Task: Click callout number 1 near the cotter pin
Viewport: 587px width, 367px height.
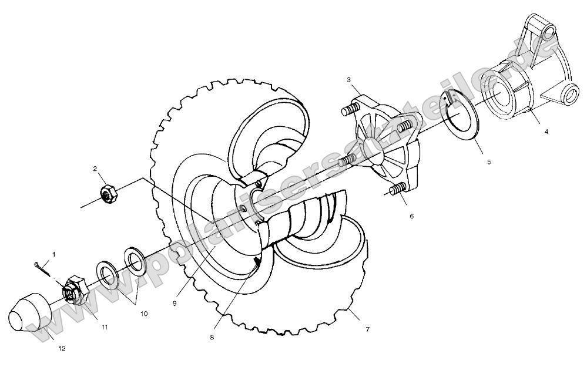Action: pyautogui.click(x=55, y=254)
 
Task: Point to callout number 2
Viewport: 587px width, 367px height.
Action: pyautogui.click(x=95, y=170)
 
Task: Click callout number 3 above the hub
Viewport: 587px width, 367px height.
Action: pyautogui.click(x=348, y=79)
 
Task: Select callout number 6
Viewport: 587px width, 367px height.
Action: pyautogui.click(x=411, y=216)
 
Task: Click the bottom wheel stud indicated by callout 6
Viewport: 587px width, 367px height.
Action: pyautogui.click(x=398, y=190)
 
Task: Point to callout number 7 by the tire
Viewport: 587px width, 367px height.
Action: pyautogui.click(x=367, y=329)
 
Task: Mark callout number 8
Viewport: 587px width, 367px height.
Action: pyautogui.click(x=212, y=338)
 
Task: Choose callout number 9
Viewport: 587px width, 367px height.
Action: pyautogui.click(x=175, y=303)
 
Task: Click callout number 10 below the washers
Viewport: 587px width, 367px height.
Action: pyautogui.click(x=143, y=314)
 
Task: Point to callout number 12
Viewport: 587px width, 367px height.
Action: pyautogui.click(x=62, y=348)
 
